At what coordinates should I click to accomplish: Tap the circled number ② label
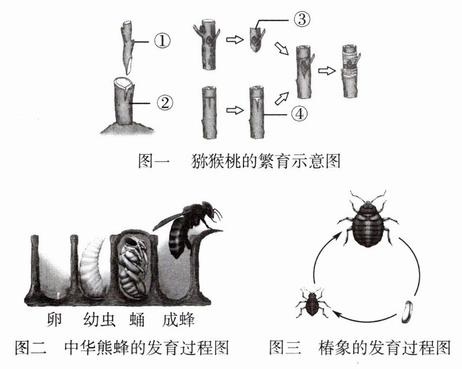click(x=163, y=104)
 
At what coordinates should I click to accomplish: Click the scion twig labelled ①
click(x=128, y=46)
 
